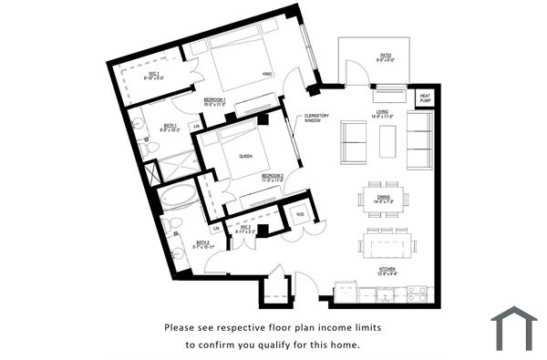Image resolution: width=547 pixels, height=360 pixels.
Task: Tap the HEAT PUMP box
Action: (x=426, y=97)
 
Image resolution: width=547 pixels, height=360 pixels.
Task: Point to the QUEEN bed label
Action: (x=244, y=156)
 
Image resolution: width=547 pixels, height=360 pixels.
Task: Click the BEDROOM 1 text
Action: (x=215, y=100)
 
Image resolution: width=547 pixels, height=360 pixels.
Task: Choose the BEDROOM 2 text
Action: (x=273, y=177)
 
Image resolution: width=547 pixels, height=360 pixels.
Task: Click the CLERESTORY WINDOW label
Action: (x=317, y=118)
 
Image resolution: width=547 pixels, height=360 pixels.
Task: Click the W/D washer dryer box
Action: (x=300, y=214)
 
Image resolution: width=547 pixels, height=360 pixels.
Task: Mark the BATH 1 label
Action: (x=170, y=129)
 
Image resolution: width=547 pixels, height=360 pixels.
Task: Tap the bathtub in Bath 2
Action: (x=177, y=198)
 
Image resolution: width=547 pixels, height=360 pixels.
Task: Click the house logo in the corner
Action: (x=513, y=329)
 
